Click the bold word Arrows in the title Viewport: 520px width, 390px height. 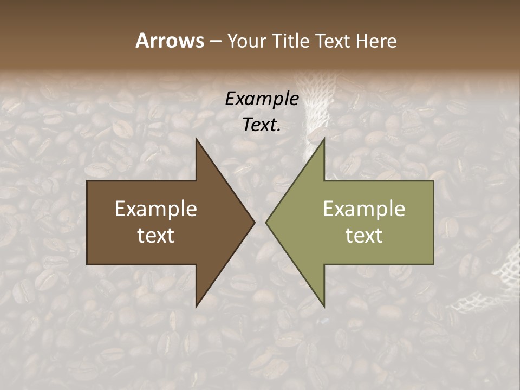169,41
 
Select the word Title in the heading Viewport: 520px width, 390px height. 291,41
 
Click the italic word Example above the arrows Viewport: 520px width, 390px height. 262,99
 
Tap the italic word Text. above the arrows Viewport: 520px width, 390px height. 262,125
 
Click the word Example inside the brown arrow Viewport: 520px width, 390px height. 155,209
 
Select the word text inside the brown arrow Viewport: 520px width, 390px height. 155,236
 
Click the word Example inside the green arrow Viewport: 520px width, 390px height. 364,209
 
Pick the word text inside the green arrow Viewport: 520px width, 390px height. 364,236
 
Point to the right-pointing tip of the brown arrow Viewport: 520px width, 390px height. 253,222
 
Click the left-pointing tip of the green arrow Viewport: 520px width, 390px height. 267,222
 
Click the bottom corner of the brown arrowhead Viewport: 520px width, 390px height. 197,306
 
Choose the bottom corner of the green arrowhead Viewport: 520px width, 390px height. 324,306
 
